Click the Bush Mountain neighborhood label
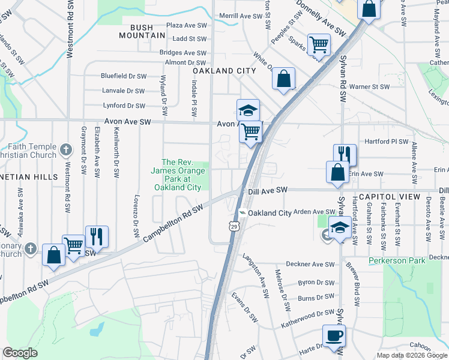pos(147,31)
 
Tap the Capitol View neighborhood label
pos(408,197)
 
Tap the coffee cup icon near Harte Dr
pos(334,335)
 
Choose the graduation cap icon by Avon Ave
pos(248,110)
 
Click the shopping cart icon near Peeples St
pos(318,44)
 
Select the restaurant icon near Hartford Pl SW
pos(345,154)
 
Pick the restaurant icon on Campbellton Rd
pos(96,236)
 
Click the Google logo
pos(20,353)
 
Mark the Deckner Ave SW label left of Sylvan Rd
pos(309,264)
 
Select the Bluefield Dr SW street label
pos(124,76)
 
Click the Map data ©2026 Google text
pos(412,355)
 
